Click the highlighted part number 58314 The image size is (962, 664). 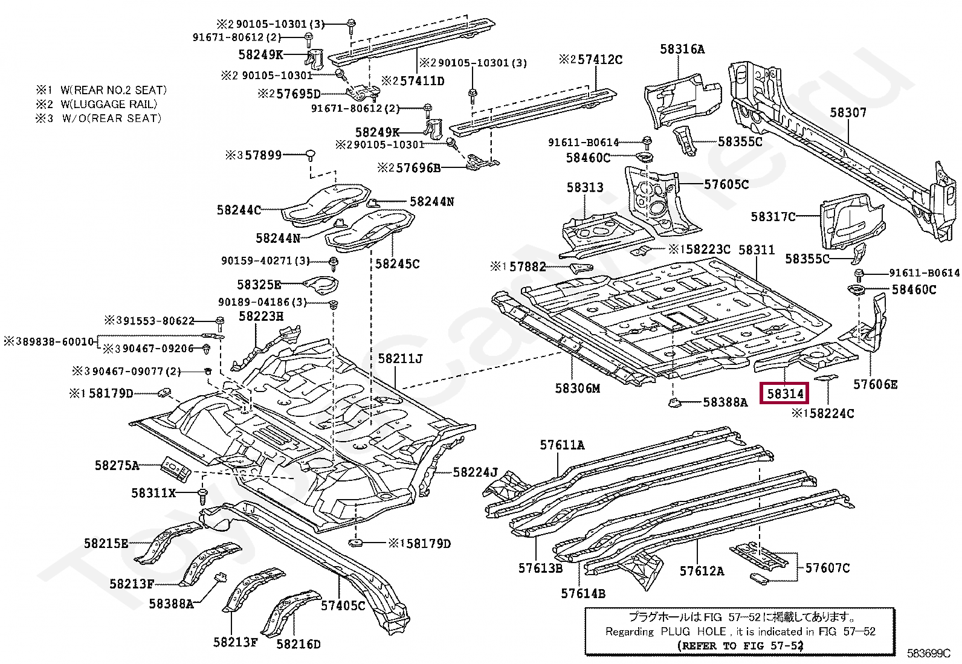pos(784,393)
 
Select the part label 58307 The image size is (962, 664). pos(848,112)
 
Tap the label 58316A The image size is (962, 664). pos(682,50)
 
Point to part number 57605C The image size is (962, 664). pos(726,184)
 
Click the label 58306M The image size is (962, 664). pos(577,388)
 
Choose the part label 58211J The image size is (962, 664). pos(400,358)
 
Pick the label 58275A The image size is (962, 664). pos(117,465)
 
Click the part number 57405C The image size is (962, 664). pos(343,605)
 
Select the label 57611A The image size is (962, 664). pos(562,445)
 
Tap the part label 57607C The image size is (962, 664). pos(827,568)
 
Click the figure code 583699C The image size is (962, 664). pos(929,653)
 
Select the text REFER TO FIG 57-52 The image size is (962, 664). pos(740,645)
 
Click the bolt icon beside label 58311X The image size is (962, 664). pos(202,495)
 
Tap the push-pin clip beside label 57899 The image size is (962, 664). pos(309,155)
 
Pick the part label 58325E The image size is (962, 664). pos(259,285)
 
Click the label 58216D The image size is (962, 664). pos(298,644)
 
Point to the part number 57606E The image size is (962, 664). pos(875,384)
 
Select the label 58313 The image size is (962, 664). pos(585,187)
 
